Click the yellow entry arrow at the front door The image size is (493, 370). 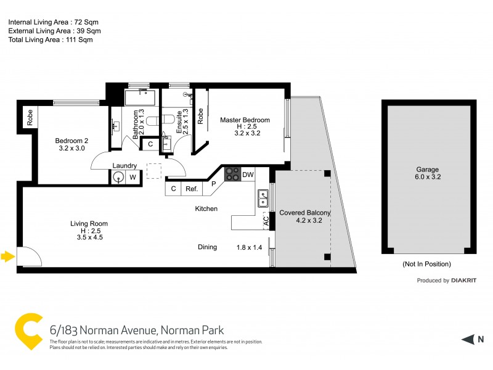pos(7,256)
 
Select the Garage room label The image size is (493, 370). pos(427,172)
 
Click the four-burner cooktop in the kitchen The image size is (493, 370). pos(232,174)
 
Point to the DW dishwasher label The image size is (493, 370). pos(248,175)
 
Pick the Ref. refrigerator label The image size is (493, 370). pos(192,189)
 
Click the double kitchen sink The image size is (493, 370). pos(263,198)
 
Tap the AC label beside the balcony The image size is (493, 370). pos(266,220)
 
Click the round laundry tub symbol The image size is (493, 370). pos(118,178)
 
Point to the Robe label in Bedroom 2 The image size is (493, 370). pos(29,117)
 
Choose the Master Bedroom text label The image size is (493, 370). pos(245,120)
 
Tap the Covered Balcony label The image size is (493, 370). pos(305,213)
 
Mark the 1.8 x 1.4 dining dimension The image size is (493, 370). pos(249,247)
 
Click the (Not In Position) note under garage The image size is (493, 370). pos(426,264)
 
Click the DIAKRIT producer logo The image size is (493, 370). pos(464,281)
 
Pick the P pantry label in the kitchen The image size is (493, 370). pos(213,183)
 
